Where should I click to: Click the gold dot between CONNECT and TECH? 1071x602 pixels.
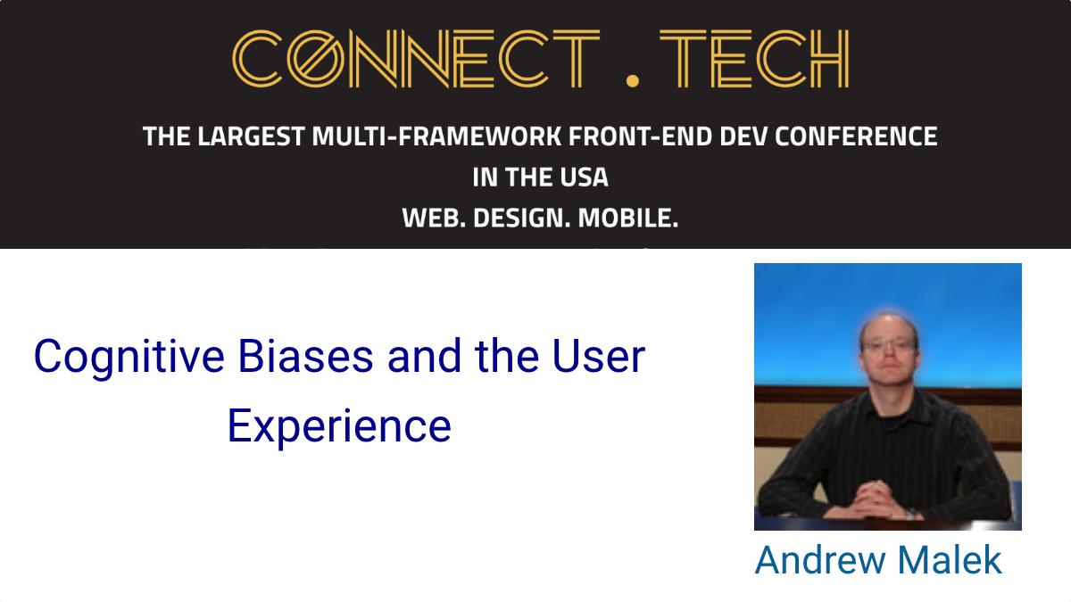coord(633,81)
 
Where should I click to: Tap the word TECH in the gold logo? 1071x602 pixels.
coord(754,59)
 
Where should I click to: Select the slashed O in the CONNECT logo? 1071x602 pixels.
coord(316,59)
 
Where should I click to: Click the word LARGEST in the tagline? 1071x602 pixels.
coord(251,136)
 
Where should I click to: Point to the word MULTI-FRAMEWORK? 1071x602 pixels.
coord(436,136)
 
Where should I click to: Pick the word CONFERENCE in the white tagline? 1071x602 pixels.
coord(856,136)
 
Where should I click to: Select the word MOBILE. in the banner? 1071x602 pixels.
coord(628,218)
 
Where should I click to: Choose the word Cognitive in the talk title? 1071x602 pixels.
coord(129,358)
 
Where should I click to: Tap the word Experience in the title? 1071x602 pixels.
coord(339,427)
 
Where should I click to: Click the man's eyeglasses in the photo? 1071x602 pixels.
coord(889,344)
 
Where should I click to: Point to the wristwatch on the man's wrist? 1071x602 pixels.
coord(911,514)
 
